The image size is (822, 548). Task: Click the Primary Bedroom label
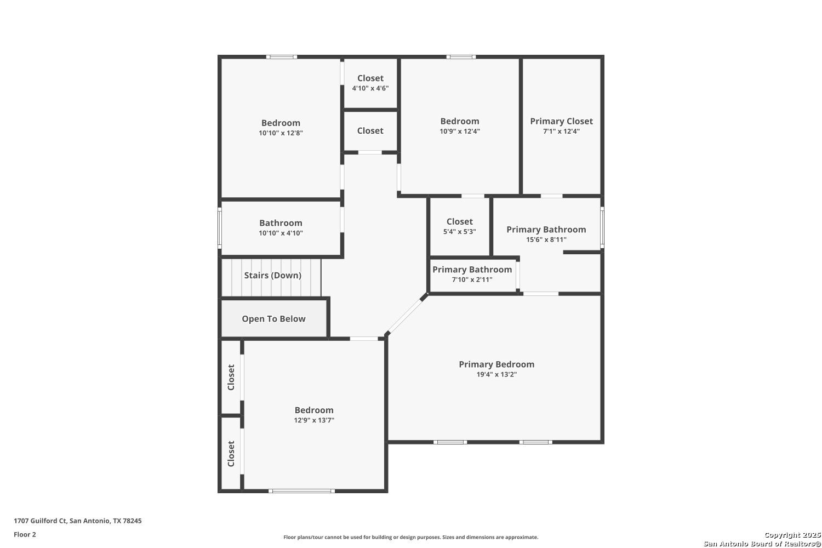[496, 364]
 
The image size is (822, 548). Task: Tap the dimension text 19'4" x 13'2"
[496, 374]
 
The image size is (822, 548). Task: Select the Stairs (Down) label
[273, 275]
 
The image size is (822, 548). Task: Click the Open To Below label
[273, 318]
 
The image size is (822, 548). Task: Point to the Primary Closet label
[562, 121]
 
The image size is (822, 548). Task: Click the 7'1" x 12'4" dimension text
[562, 132]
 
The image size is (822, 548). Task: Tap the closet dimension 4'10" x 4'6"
[370, 88]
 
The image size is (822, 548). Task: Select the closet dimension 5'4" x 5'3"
[459, 232]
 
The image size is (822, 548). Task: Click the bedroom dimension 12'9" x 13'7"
[314, 420]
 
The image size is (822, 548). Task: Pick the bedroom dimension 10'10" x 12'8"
[281, 133]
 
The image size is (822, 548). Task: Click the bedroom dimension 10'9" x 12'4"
[460, 132]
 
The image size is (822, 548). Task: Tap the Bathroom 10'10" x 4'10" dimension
[281, 233]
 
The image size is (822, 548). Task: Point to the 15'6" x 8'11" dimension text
[546, 239]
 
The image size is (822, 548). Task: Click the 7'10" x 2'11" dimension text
[472, 279]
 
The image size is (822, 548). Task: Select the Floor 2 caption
[25, 534]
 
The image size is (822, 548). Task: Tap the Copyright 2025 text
[792, 535]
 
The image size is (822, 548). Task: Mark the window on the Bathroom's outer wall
[220, 228]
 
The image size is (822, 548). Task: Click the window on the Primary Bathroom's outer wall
[602, 227]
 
